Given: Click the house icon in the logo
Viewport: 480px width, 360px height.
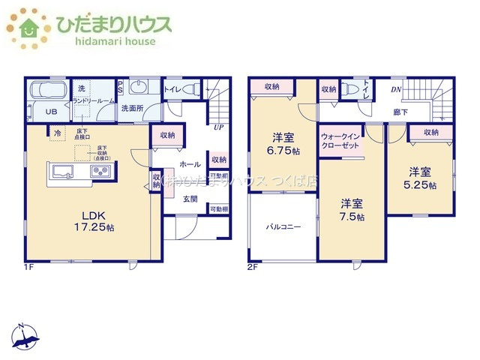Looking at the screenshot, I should click(28, 28).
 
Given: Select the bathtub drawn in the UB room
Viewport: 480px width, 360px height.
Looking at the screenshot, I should click(46, 92).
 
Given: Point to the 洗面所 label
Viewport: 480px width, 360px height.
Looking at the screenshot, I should click(133, 109).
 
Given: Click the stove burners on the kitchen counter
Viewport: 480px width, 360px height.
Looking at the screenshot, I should click(100, 172).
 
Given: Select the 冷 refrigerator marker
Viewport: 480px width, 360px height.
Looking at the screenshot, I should click(57, 133).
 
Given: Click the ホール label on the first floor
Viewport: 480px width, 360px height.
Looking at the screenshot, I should click(190, 163).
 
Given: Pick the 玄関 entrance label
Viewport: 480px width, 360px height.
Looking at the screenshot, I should click(190, 199).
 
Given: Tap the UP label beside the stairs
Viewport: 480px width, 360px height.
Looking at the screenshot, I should click(217, 127).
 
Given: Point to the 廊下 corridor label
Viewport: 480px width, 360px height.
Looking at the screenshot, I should click(400, 112).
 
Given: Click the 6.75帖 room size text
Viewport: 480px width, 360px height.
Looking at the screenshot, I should click(283, 151).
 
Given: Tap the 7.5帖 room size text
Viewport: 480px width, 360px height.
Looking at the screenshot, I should click(350, 217).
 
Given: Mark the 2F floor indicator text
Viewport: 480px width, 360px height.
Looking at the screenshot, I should click(252, 266).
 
